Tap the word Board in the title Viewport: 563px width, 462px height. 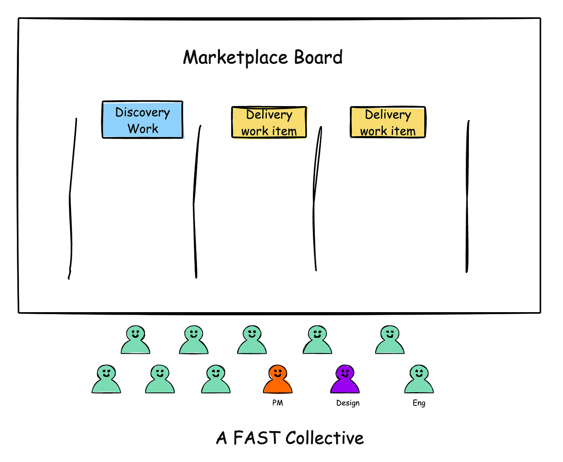[318, 57]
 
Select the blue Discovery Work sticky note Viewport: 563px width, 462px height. [143, 120]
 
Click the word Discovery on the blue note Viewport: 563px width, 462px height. [143, 112]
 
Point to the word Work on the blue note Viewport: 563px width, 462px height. [143, 129]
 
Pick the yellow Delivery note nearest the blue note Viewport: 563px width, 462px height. [269, 123]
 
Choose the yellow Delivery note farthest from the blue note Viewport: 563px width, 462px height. [388, 123]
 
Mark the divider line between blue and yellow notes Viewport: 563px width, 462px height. [195, 201]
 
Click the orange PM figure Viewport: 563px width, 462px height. [277, 381]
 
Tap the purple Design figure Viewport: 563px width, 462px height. [345, 381]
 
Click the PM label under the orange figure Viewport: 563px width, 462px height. [277, 403]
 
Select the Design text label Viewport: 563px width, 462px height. [348, 403]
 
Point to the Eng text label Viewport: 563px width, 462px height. [419, 403]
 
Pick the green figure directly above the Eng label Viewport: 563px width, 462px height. [419, 380]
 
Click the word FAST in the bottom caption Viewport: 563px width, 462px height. [257, 438]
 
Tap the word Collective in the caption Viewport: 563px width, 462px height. [325, 438]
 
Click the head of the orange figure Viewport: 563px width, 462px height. [277, 372]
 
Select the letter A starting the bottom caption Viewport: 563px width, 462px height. [222, 438]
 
